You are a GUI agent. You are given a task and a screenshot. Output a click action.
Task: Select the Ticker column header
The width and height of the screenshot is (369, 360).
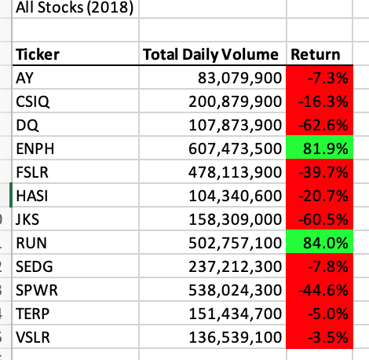(x=38, y=55)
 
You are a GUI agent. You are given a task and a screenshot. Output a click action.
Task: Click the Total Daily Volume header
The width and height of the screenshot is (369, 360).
(x=210, y=55)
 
